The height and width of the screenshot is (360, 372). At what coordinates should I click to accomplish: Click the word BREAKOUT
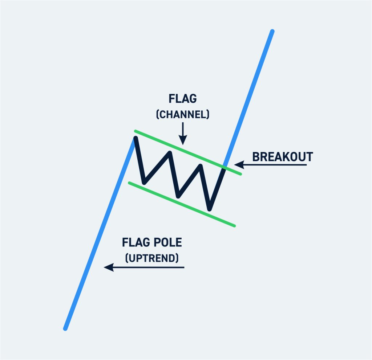(x=282, y=157)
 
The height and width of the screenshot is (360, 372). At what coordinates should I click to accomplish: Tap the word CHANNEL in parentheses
(x=183, y=115)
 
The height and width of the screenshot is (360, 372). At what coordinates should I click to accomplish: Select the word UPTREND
(x=152, y=258)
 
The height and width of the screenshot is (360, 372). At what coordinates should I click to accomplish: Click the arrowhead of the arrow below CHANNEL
(x=183, y=140)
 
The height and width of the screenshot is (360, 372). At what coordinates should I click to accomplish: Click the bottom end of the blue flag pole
(x=65, y=329)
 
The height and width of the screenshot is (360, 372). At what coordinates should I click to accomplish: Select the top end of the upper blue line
(x=272, y=31)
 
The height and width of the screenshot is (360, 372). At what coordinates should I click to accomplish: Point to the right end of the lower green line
(x=235, y=226)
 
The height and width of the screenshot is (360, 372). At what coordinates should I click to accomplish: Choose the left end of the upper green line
(x=135, y=131)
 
